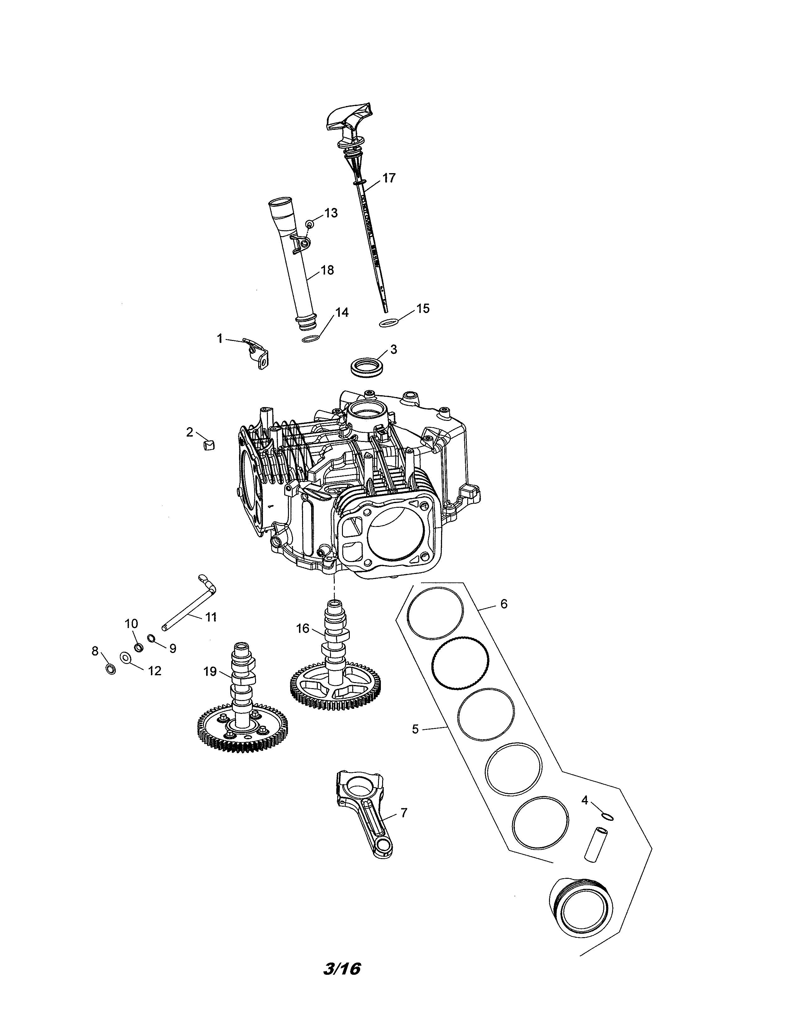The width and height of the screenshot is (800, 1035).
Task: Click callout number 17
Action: coord(389,178)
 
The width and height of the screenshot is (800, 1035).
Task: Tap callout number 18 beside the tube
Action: coord(327,270)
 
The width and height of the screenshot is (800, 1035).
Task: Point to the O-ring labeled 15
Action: coord(388,323)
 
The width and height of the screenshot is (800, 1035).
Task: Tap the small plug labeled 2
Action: coord(209,444)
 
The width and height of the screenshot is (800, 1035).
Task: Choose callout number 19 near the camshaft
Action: coord(210,671)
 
